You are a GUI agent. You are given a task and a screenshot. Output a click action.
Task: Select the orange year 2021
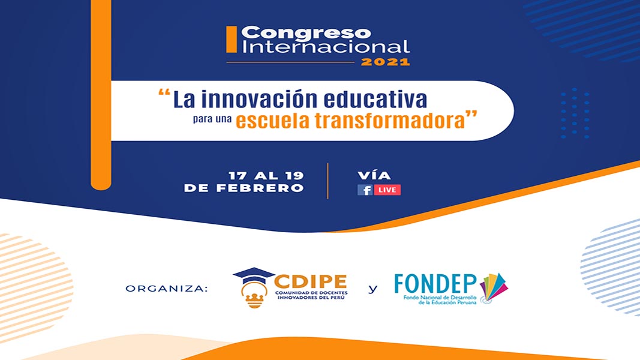(385, 62)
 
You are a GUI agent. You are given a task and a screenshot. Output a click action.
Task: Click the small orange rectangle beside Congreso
(232, 39)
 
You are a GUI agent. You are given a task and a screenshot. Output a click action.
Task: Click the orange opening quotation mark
(164, 93)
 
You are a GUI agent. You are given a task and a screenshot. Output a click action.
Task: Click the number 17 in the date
(237, 176)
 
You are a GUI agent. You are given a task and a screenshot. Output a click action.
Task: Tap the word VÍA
(374, 176)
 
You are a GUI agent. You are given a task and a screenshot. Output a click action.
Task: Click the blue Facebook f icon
(365, 190)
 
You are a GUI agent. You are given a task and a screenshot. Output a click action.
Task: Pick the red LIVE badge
(387, 190)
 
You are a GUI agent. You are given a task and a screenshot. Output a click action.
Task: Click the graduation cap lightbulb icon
(254, 287)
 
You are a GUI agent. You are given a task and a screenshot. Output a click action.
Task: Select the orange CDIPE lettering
(311, 281)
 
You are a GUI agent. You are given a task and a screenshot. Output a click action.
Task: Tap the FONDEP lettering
(435, 283)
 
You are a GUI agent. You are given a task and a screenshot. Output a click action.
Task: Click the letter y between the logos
(372, 289)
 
